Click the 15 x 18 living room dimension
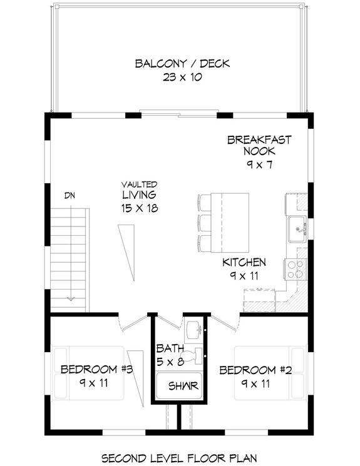(139, 207)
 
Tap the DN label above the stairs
(70, 195)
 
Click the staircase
(70, 256)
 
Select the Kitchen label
(244, 262)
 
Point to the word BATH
(169, 348)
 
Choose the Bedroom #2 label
(255, 370)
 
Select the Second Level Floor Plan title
(180, 457)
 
